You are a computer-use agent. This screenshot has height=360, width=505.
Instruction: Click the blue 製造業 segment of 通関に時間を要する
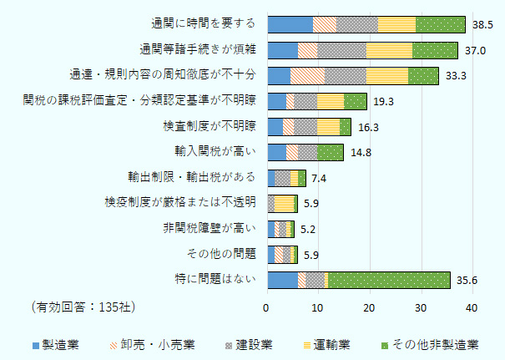[x=290, y=25]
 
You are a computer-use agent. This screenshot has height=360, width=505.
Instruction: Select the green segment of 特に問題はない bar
[x=389, y=279]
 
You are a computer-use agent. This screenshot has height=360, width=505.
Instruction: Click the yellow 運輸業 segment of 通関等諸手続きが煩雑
[x=389, y=50]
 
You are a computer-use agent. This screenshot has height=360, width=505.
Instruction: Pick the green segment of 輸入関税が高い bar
[x=331, y=152]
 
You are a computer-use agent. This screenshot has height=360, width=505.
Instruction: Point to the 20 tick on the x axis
[x=370, y=308]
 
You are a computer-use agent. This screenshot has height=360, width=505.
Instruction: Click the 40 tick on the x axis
[x=472, y=308]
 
